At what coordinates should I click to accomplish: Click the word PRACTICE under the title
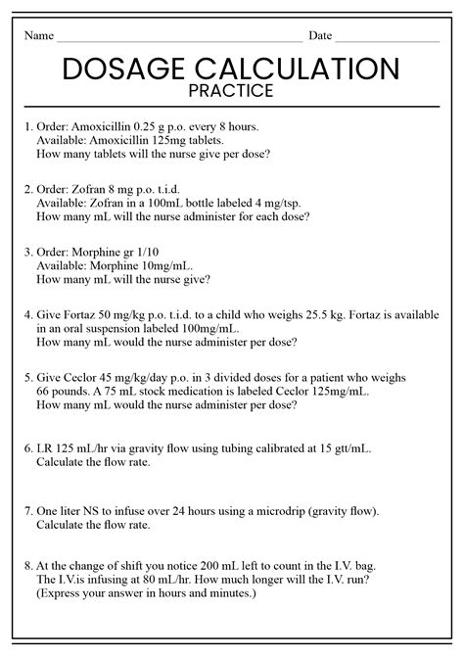click(x=232, y=91)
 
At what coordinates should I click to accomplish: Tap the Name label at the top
click(x=38, y=36)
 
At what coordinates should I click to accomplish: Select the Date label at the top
click(x=320, y=36)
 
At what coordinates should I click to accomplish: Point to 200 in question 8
click(x=201, y=565)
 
